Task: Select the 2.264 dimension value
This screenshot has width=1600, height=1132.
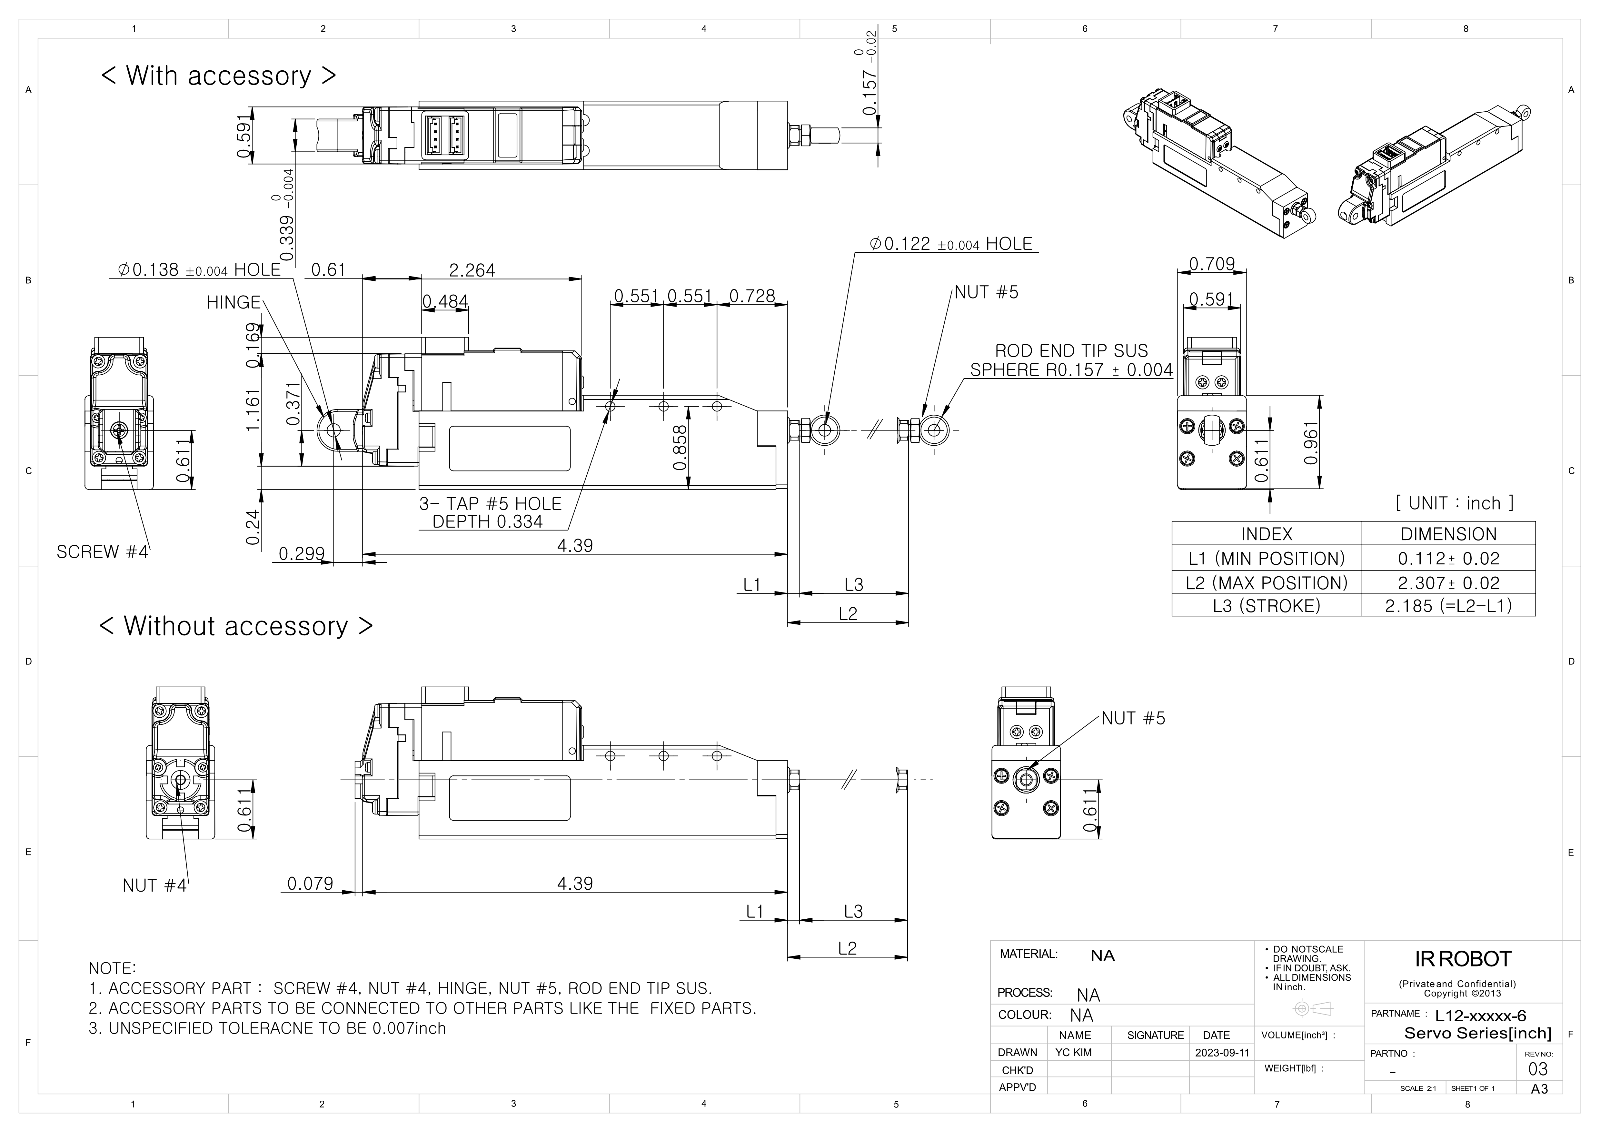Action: [472, 270]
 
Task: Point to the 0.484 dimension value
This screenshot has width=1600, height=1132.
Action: [445, 302]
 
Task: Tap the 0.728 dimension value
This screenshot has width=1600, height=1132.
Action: [752, 296]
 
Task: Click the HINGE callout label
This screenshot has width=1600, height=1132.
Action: [233, 302]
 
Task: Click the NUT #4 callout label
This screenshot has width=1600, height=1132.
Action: [154, 885]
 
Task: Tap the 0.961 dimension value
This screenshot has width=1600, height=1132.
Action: [1311, 443]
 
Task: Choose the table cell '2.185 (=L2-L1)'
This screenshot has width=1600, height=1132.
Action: [1448, 606]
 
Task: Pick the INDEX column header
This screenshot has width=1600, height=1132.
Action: [1266, 534]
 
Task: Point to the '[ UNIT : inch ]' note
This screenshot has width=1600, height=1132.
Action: [1454, 503]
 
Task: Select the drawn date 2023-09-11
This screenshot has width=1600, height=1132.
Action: [1222, 1053]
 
